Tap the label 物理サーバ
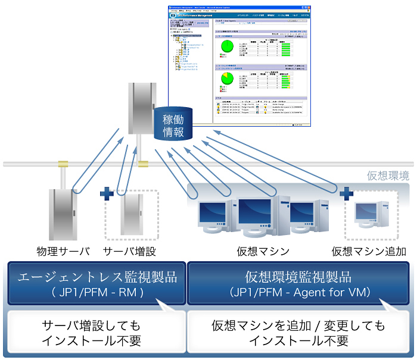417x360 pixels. click(x=63, y=251)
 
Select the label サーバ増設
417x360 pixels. click(x=129, y=251)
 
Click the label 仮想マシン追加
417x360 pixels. click(x=369, y=251)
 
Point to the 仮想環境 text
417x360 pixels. click(x=388, y=176)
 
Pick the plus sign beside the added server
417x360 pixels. click(x=107, y=193)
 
